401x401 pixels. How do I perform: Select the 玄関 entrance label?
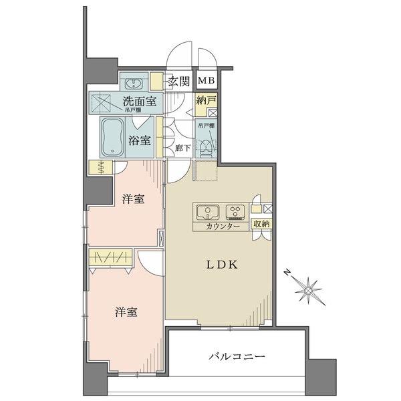click(x=178, y=82)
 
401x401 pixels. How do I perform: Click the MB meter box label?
click(x=205, y=82)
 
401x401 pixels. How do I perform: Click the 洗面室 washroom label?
click(x=139, y=102)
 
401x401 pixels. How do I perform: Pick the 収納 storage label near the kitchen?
click(x=261, y=225)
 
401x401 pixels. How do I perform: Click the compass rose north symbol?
click(x=309, y=289)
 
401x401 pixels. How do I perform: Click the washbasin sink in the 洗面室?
click(x=134, y=83)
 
